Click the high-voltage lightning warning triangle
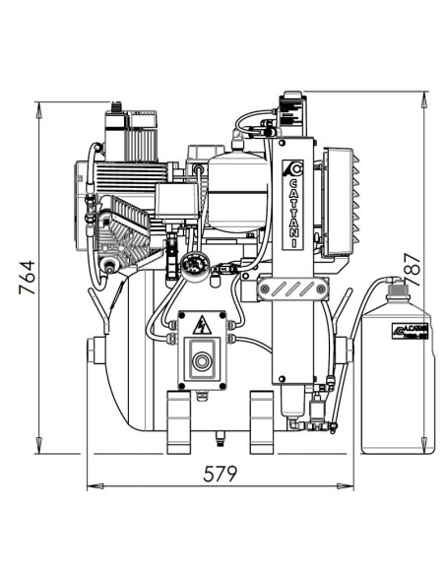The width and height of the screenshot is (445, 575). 202,326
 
